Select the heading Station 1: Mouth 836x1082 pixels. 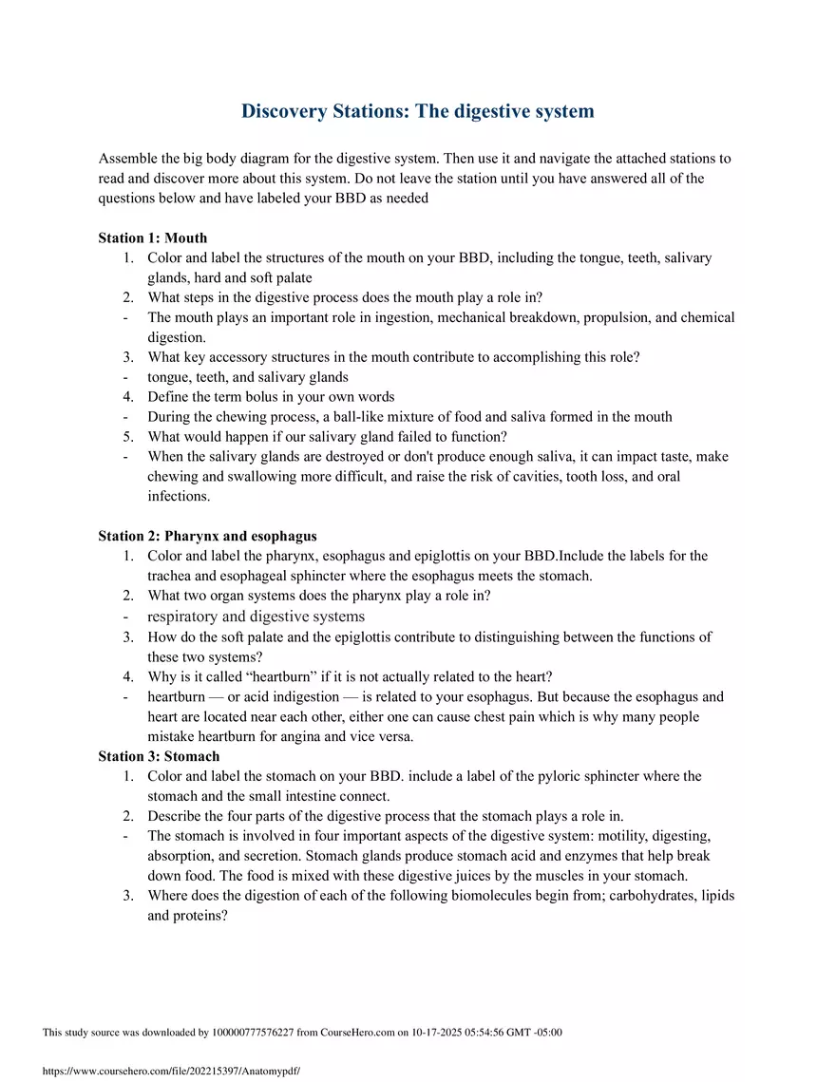(152, 237)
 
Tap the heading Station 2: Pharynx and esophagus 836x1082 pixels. (207, 536)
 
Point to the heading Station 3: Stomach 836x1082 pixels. (159, 756)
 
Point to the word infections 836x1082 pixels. (178, 496)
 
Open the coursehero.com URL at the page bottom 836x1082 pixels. (171, 1071)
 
